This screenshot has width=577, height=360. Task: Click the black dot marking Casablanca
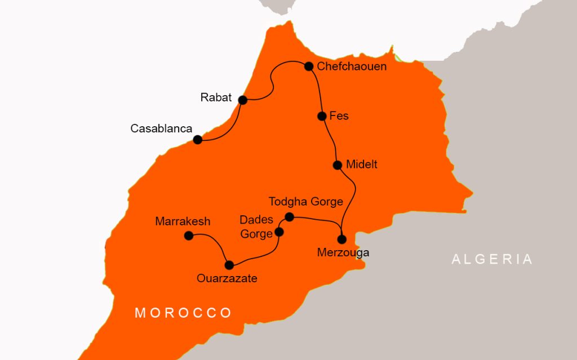click(x=198, y=140)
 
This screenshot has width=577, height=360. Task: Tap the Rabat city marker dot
click(x=243, y=100)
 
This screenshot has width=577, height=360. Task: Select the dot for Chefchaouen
click(x=309, y=66)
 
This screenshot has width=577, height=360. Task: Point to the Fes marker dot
click(x=322, y=116)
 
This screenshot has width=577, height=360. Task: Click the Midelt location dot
click(x=337, y=165)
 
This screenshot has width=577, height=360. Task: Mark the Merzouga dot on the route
click(x=341, y=239)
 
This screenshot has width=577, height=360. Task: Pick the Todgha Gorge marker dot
click(x=289, y=217)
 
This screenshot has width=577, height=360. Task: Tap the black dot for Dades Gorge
click(x=278, y=232)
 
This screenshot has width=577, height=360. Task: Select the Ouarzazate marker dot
click(x=229, y=265)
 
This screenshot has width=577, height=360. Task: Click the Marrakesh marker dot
click(x=189, y=235)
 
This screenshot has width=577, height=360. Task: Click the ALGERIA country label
click(x=492, y=259)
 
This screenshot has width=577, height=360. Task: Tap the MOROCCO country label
click(x=183, y=313)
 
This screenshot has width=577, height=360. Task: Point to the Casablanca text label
click(x=161, y=128)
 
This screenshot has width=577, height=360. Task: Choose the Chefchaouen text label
click(x=352, y=66)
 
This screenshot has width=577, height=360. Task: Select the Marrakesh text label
click(x=183, y=221)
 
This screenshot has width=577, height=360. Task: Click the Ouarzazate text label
click(x=227, y=278)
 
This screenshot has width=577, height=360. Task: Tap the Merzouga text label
click(x=343, y=252)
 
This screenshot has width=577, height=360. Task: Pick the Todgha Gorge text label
click(x=306, y=202)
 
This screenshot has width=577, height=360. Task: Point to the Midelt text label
click(x=362, y=165)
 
